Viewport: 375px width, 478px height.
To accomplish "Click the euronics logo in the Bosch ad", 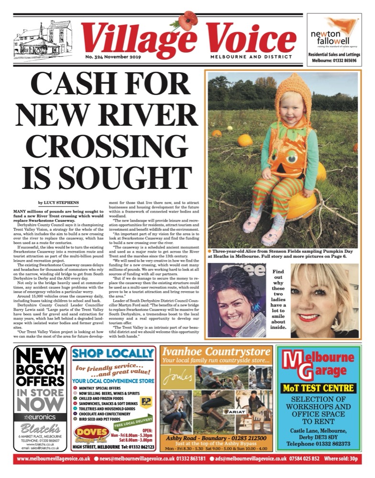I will [40, 416].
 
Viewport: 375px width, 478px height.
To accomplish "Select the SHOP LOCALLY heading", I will [112, 354].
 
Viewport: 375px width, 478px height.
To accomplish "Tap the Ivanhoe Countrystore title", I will [216, 352].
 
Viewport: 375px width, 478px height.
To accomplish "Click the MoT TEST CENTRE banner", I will [318, 388].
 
